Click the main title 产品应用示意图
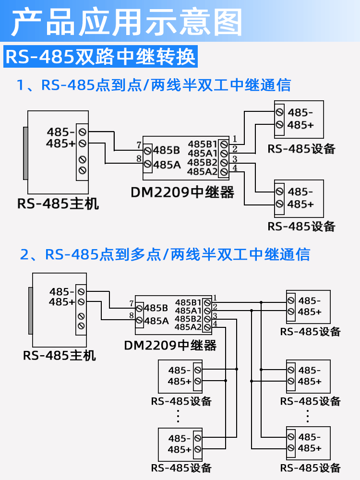(127, 22)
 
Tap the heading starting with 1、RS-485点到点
(154, 85)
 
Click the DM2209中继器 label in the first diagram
(182, 192)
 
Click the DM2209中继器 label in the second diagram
(170, 345)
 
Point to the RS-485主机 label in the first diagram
(58, 204)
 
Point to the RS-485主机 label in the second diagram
(60, 356)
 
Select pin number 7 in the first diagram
(138, 145)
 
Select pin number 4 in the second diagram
(215, 324)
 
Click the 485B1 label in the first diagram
(202, 144)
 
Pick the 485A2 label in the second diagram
(188, 327)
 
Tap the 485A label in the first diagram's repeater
(167, 165)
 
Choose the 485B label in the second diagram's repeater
(156, 308)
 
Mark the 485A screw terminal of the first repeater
(148, 164)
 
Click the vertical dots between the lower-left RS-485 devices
(178, 416)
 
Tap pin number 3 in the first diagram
(235, 158)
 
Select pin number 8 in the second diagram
(131, 315)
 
